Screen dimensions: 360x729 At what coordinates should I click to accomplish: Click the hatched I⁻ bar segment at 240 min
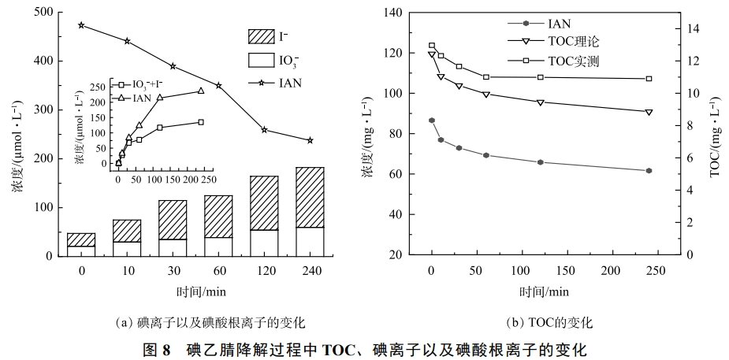point(310,197)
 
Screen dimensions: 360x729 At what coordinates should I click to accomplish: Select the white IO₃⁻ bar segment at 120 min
point(264,243)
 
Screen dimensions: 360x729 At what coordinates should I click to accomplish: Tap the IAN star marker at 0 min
point(81,25)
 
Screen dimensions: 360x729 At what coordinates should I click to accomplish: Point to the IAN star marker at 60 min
point(218,85)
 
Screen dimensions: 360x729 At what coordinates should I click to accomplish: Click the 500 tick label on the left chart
point(45,12)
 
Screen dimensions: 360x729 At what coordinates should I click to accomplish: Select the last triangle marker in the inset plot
point(201,91)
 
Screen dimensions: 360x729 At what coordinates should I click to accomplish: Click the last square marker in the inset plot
point(201,122)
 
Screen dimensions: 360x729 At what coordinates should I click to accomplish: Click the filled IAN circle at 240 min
point(649,170)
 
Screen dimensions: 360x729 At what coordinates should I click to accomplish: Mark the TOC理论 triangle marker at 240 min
point(649,112)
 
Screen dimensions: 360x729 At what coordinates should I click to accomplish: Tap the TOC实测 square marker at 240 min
point(649,79)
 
